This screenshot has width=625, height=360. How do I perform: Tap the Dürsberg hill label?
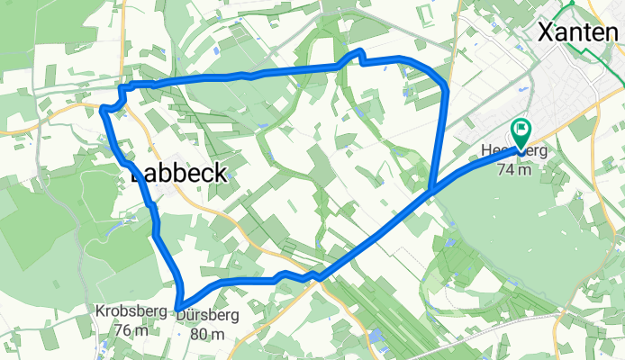tap(208, 316)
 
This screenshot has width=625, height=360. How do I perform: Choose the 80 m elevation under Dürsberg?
tap(208, 334)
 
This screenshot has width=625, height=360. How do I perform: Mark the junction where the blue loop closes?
tap(432, 190)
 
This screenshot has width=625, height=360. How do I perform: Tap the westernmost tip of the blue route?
tap(103, 109)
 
